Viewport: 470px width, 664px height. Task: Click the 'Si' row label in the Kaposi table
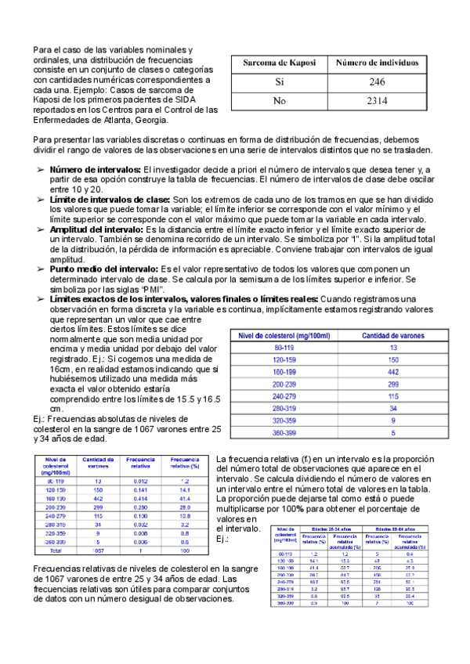(x=280, y=81)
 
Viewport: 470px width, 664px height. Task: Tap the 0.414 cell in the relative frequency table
(x=140, y=498)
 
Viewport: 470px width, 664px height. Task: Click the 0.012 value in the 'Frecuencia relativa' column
(x=140, y=480)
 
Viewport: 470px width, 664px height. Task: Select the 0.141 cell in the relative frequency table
(x=140, y=489)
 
